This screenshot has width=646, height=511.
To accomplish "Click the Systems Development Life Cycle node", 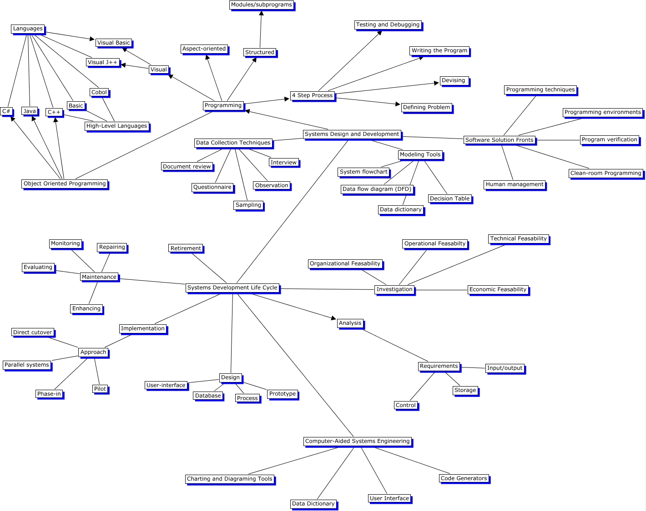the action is [x=232, y=288].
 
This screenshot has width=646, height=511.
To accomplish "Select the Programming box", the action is [x=223, y=105].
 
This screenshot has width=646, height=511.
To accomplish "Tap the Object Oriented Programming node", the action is [x=65, y=184].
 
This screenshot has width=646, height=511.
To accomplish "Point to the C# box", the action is [x=6, y=111].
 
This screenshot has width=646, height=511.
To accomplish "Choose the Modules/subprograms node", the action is [x=262, y=5].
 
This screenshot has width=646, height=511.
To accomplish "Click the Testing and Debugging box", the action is [x=388, y=25].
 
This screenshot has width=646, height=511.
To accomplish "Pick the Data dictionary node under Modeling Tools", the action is [x=400, y=209].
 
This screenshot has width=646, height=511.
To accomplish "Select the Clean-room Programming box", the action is [x=606, y=173].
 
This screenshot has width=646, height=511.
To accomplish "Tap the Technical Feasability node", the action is [x=518, y=238].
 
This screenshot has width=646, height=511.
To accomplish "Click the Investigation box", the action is [x=394, y=289].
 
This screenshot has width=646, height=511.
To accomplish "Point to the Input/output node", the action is [x=505, y=368].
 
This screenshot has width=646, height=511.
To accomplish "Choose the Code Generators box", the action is [x=464, y=478].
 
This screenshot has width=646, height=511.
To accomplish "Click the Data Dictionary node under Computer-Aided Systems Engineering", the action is [x=313, y=503].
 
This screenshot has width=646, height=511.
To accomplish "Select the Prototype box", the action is [x=282, y=394].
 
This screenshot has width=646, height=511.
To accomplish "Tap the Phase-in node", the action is [x=49, y=394].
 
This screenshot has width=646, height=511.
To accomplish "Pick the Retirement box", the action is [x=186, y=248].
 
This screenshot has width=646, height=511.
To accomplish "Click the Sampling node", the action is [x=248, y=205].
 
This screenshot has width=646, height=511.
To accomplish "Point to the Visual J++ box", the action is [x=102, y=62].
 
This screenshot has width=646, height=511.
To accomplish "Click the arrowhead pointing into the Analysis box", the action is [x=333, y=318].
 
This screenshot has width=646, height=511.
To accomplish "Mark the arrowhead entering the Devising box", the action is [x=437, y=83].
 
